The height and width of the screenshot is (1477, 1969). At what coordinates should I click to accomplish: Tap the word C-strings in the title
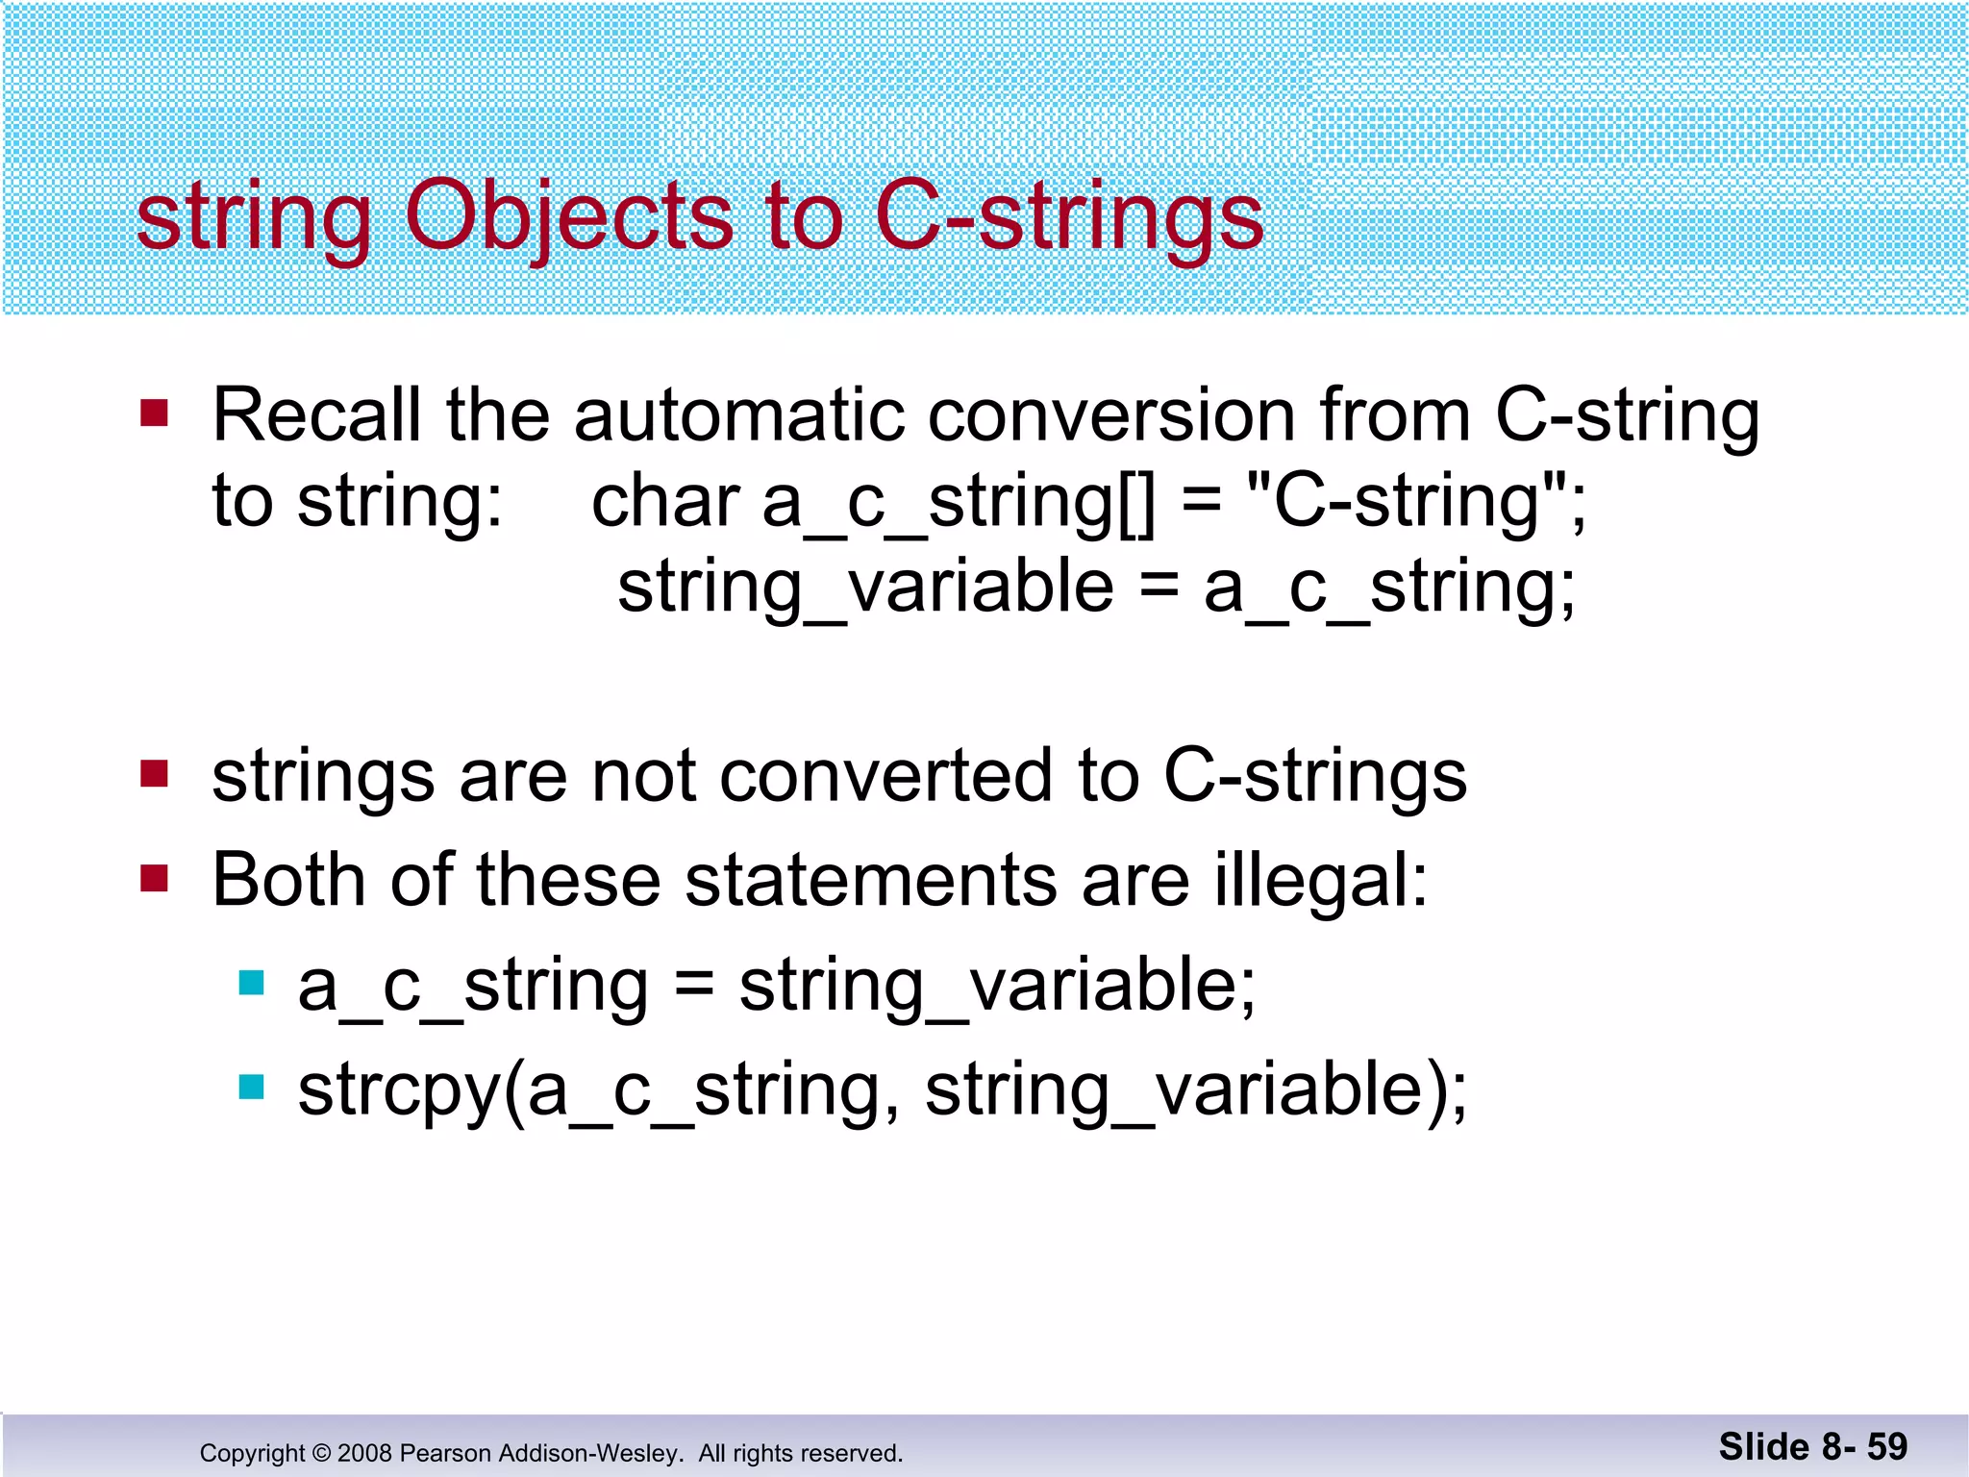tap(1069, 217)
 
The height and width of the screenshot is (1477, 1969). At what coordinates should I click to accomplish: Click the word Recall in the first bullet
tap(316, 415)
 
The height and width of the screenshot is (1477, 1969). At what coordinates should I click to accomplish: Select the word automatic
tap(739, 415)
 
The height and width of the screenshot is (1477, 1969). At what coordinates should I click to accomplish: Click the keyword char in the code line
tap(665, 501)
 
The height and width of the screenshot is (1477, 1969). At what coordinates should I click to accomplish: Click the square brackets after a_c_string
tap(1137, 503)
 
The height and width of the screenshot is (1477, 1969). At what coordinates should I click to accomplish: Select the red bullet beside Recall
tap(154, 413)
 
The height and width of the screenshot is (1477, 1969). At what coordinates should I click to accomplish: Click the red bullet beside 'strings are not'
tap(154, 774)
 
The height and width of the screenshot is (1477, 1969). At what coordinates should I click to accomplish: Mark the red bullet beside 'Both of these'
tap(154, 878)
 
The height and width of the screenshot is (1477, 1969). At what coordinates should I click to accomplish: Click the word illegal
tap(1321, 880)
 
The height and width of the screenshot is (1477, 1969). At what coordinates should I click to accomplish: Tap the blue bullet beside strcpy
tap(251, 1087)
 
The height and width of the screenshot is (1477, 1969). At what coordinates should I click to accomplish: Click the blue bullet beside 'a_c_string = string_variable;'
tap(251, 983)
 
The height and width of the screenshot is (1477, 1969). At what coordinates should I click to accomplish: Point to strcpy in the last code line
tap(398, 1090)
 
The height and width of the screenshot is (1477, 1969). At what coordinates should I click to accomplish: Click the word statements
tap(870, 880)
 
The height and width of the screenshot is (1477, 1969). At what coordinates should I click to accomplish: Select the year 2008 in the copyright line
tap(364, 1453)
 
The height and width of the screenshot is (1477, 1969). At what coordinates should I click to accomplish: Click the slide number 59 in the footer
tap(1887, 1446)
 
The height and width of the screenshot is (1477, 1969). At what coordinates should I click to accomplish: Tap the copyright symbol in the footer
tap(321, 1453)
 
